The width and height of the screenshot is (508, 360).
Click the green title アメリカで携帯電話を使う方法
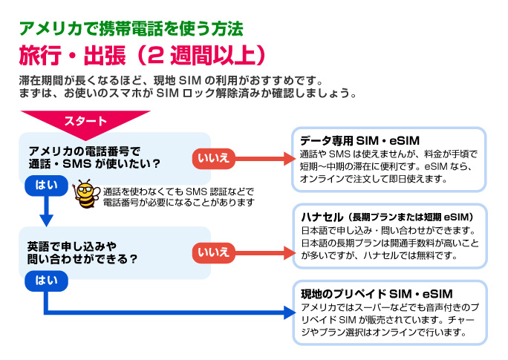coord(131,30)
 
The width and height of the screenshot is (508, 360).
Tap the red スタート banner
coord(85,121)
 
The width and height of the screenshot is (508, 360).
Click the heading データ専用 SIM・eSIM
coord(360,141)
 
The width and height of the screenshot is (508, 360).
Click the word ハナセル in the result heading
coord(321,217)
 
